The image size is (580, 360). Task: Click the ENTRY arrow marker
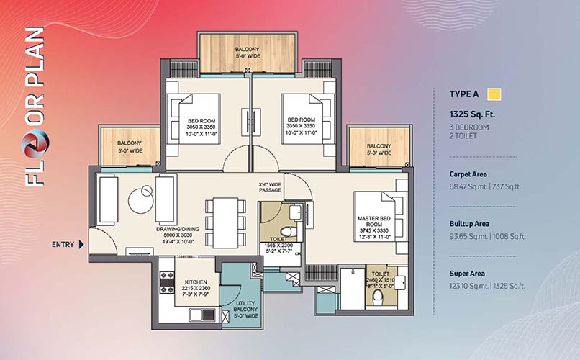pos(81,245)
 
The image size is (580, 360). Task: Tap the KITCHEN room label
pos(196,282)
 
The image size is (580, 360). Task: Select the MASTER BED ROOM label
pos(373,221)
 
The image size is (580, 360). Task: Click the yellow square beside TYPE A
pos(494,94)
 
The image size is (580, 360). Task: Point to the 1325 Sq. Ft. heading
pos(472,114)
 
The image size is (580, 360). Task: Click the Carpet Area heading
pos(468,174)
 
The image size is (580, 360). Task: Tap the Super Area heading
pos(467,274)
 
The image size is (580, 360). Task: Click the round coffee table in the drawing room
pos(141,200)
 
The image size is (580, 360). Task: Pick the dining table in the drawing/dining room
pos(225,222)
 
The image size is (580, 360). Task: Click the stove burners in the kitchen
pos(167,282)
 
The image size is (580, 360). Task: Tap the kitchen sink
pos(202,315)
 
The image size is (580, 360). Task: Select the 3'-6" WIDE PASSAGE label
pos(270,187)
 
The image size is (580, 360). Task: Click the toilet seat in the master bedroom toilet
pos(377,297)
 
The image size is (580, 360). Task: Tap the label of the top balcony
pos(248,53)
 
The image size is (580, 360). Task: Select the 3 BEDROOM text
pos(469,127)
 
